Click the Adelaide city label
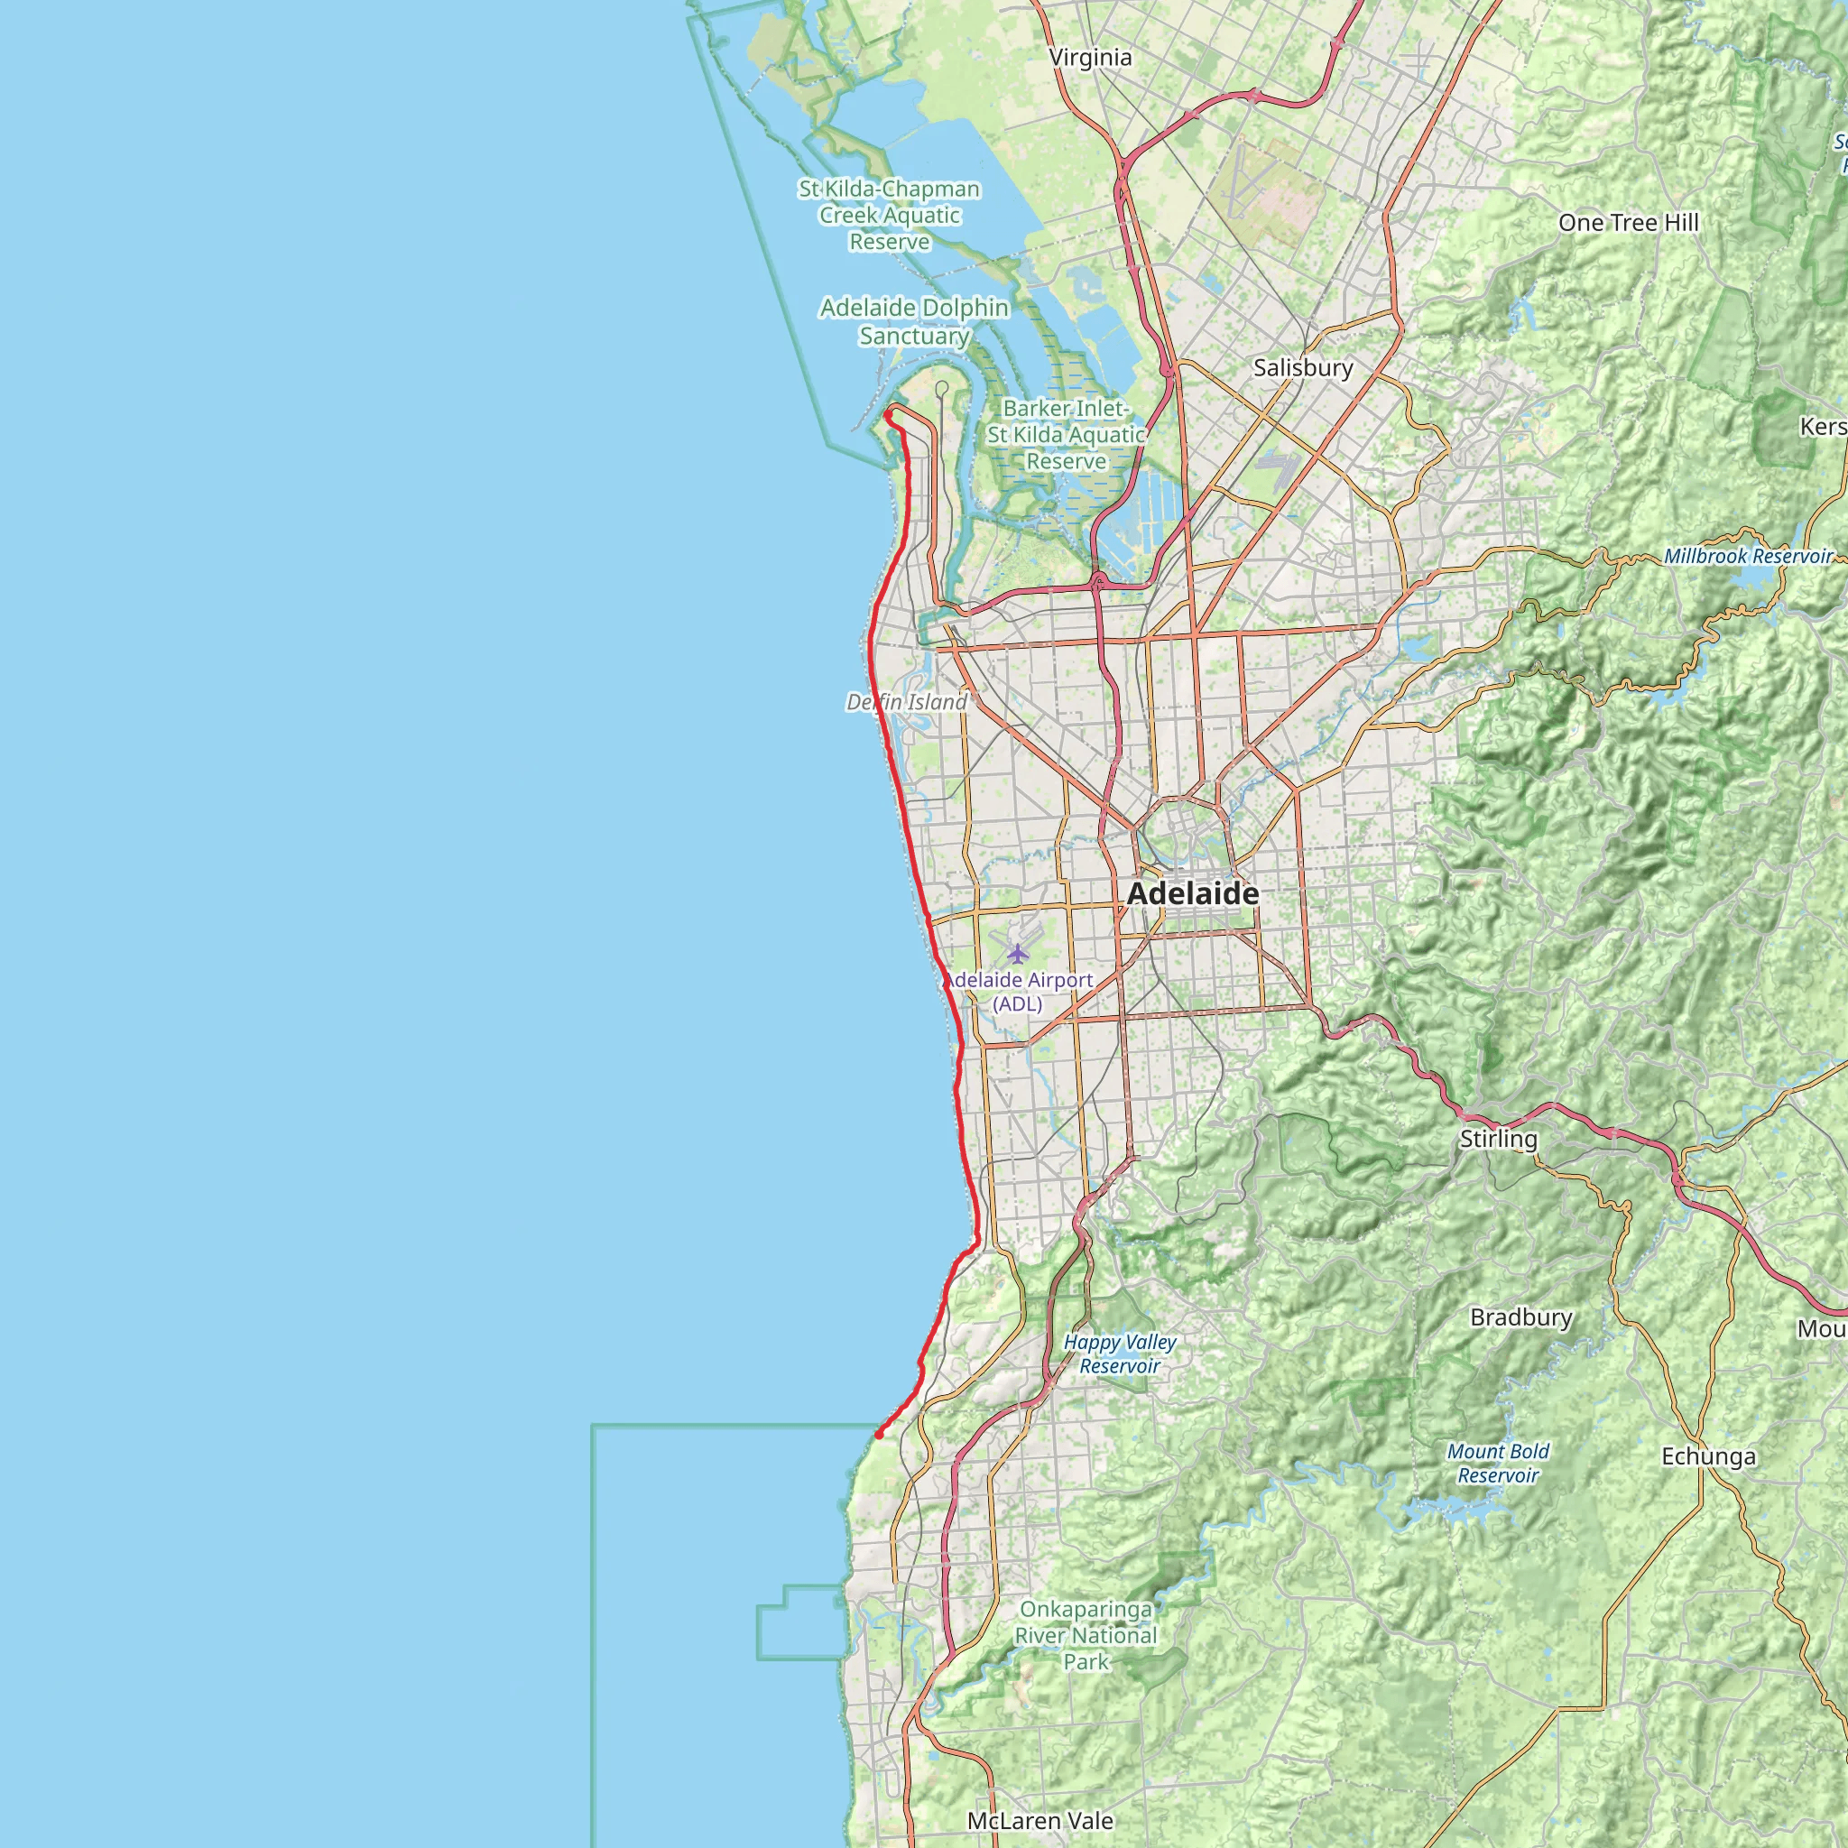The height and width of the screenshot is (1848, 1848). [1193, 893]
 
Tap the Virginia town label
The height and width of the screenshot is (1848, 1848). [1090, 58]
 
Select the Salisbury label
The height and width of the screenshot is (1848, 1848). [1303, 367]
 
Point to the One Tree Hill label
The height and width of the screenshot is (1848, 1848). [1628, 223]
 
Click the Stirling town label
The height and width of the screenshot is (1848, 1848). [1498, 1138]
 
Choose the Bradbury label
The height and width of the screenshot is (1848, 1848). [1520, 1317]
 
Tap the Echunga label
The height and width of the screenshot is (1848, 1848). [1708, 1455]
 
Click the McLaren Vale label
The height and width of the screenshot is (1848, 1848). [1039, 1820]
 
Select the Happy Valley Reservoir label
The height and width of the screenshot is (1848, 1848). [1119, 1354]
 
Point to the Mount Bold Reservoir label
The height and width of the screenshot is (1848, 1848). [1498, 1463]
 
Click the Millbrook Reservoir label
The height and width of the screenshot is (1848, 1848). [1748, 556]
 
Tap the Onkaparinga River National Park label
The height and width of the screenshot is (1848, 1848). [1086, 1636]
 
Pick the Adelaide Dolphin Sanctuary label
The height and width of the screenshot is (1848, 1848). [914, 321]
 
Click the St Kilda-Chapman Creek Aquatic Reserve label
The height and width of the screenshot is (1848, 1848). [890, 216]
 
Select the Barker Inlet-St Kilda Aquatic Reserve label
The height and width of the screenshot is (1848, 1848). [1066, 434]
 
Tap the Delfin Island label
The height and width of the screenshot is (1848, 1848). [907, 702]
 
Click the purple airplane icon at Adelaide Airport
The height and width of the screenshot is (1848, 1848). [1018, 954]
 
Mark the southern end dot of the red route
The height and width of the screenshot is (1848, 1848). [879, 1435]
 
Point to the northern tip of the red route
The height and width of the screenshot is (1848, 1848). [889, 413]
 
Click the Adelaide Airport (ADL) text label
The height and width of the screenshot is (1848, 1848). [1019, 991]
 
